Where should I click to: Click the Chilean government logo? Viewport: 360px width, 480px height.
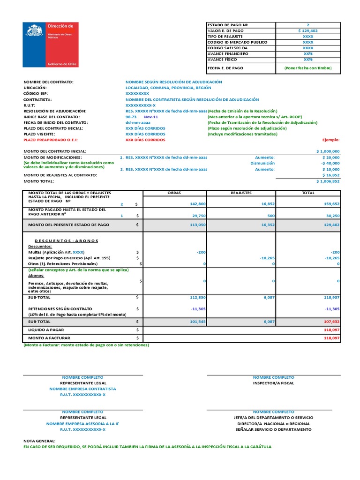[x=51, y=45]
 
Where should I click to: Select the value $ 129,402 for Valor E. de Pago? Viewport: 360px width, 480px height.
[x=308, y=30]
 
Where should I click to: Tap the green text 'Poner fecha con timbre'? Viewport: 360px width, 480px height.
[x=308, y=68]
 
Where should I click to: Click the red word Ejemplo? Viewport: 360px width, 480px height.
[x=331, y=140]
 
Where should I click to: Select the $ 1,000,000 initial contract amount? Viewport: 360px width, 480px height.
[x=328, y=151]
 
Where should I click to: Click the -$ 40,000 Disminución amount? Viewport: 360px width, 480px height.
[x=330, y=164]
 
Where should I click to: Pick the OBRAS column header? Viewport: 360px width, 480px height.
[x=174, y=193]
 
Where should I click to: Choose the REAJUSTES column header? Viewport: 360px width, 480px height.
[x=241, y=193]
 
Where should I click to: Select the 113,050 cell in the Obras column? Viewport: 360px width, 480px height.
[x=197, y=225]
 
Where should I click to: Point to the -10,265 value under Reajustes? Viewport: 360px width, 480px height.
[x=266, y=258]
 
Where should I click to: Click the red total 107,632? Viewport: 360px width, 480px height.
[x=330, y=322]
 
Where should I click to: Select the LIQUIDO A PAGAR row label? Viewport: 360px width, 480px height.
[x=46, y=330]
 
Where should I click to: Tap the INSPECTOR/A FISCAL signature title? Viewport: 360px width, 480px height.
[x=273, y=383]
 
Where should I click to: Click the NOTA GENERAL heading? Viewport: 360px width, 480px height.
[x=39, y=441]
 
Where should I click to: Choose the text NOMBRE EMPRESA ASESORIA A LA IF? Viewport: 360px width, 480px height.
[x=83, y=423]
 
